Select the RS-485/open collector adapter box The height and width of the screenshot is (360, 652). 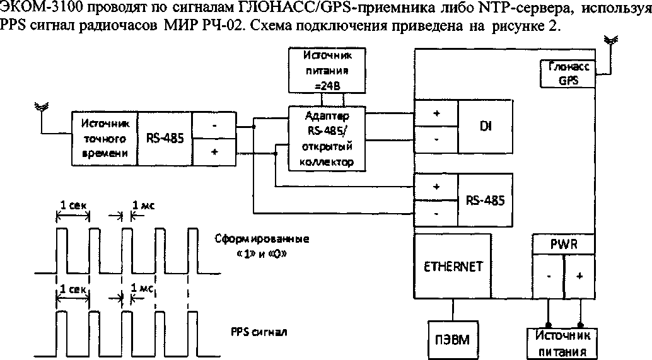click(327, 139)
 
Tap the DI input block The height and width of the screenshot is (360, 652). click(486, 126)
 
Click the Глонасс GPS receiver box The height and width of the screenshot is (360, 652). click(568, 74)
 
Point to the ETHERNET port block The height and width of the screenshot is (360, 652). click(453, 266)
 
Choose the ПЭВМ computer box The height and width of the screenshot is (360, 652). click(453, 339)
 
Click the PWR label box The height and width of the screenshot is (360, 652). click(564, 244)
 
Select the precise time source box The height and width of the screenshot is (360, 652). click(105, 139)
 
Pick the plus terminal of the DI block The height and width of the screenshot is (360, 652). click(436, 113)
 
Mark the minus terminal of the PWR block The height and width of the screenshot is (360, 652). click(549, 276)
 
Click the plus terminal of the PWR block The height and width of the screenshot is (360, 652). click(579, 276)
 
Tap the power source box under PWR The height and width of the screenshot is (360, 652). click(561, 344)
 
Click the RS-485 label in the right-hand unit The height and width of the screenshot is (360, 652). click(486, 200)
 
